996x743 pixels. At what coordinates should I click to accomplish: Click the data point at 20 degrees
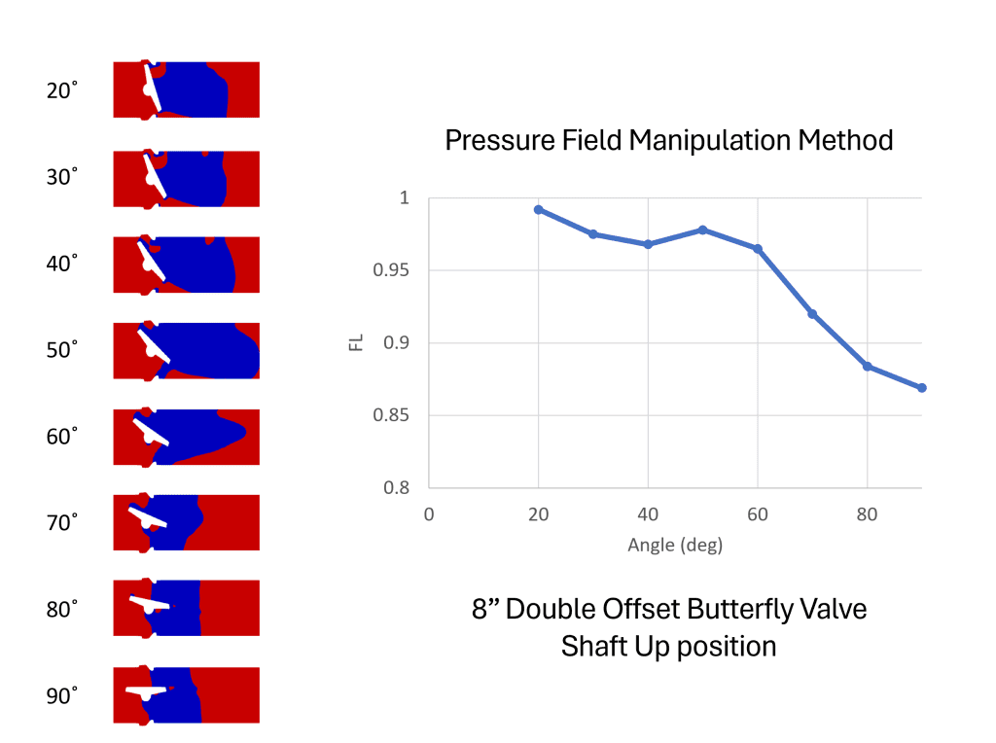point(538,209)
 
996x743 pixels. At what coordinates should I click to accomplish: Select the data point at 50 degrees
point(702,230)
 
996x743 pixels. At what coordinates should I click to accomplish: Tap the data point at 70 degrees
point(812,314)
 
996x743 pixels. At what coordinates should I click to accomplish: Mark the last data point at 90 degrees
point(921,388)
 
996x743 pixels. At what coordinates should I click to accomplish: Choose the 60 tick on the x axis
point(757,513)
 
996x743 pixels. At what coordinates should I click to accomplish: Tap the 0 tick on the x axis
point(429,513)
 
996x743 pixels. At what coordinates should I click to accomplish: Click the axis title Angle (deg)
point(675,545)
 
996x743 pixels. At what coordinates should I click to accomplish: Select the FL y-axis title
point(356,342)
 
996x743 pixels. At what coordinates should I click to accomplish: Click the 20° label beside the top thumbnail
point(61,90)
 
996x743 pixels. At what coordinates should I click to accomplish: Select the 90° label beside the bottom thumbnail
point(61,696)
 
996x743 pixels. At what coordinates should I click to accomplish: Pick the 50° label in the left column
point(61,350)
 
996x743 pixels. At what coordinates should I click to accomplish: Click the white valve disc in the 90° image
point(146,690)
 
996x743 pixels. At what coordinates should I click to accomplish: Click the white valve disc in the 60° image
point(151,432)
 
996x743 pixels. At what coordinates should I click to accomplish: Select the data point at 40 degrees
point(648,244)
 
